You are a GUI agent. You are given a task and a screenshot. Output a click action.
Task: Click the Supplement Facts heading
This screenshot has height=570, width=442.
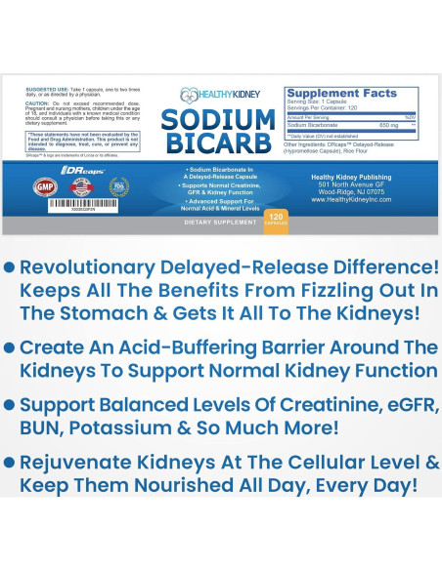[x=341, y=94]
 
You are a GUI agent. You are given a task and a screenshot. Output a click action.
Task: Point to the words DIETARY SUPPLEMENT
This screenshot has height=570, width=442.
[x=218, y=223]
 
